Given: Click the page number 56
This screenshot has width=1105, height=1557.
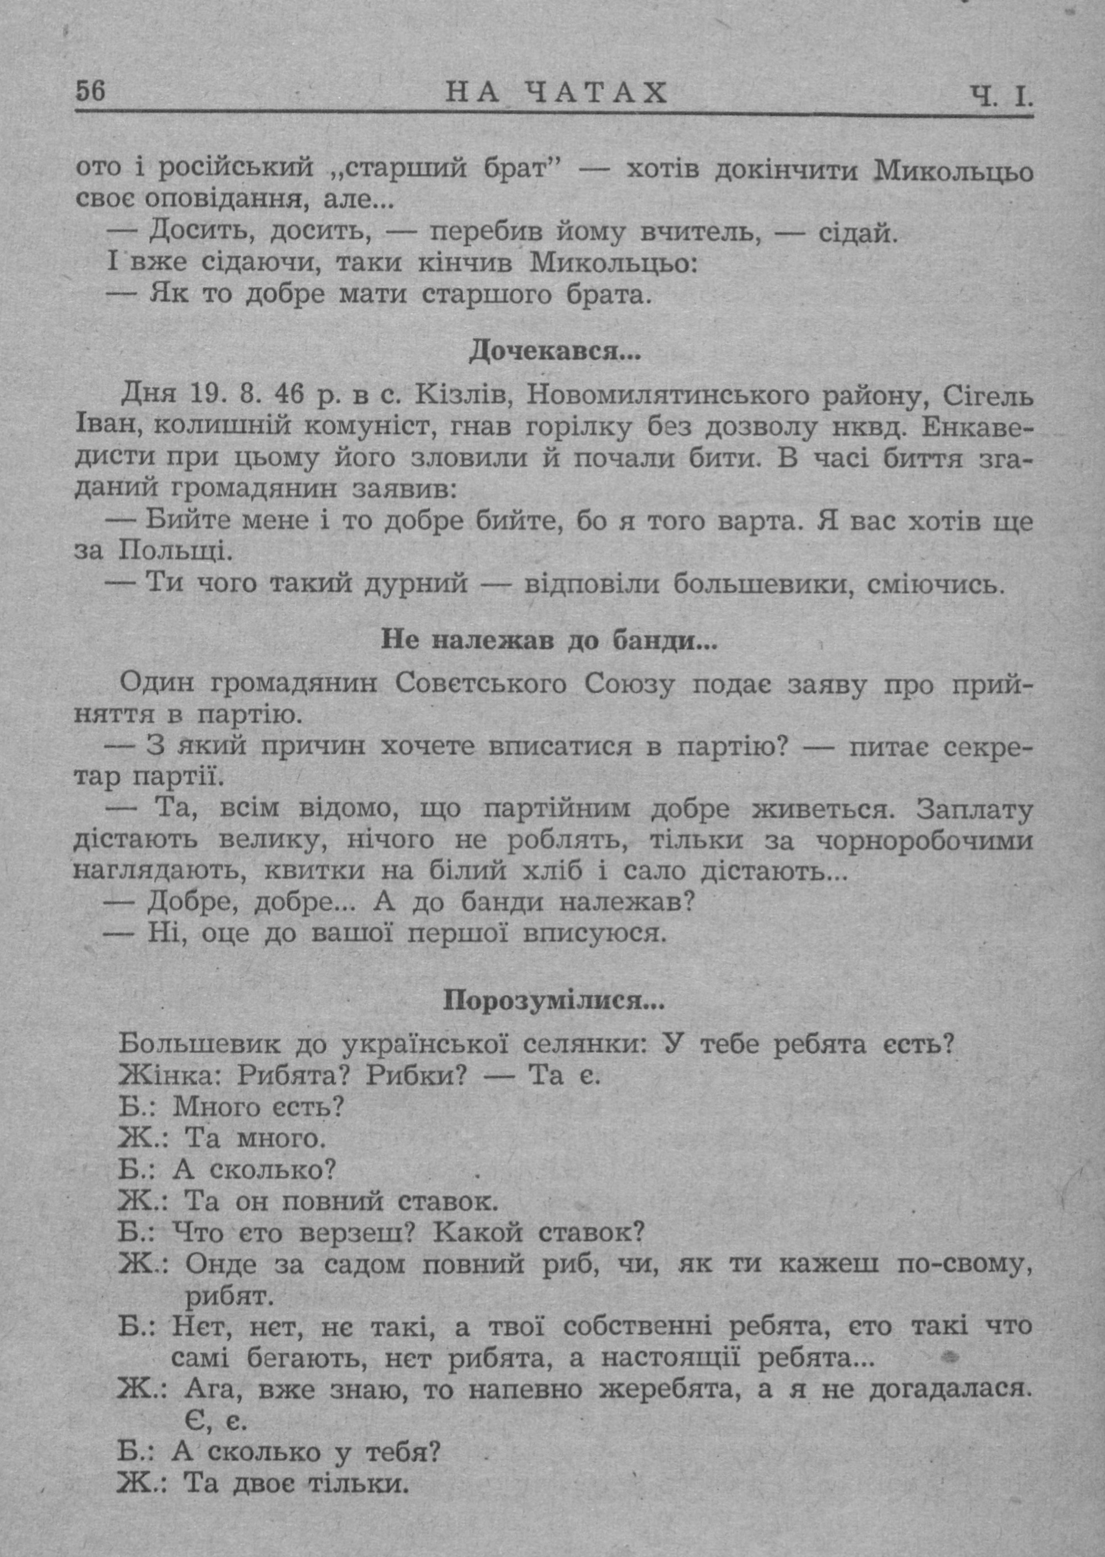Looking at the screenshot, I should click(x=91, y=91).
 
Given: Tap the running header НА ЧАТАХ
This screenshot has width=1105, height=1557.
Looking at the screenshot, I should click(x=556, y=93).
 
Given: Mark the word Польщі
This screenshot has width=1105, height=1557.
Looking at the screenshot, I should click(x=176, y=550).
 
